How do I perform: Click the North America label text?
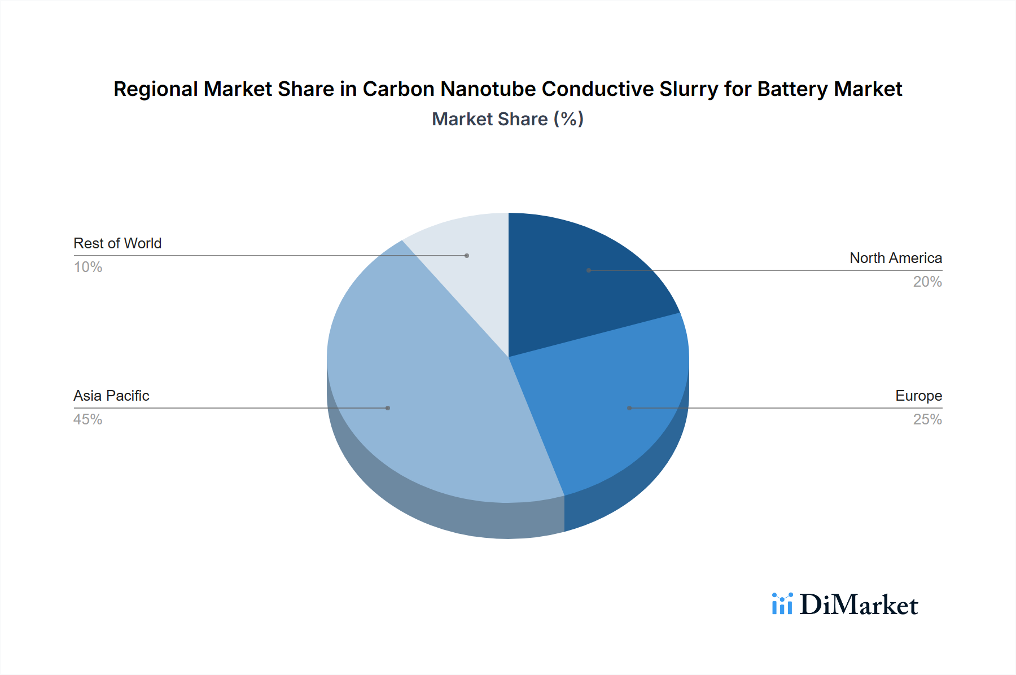(x=895, y=258)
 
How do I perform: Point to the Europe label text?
(x=918, y=396)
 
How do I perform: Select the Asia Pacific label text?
(x=111, y=396)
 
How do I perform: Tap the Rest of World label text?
(x=117, y=243)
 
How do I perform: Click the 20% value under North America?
(x=927, y=282)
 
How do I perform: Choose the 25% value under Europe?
(x=927, y=419)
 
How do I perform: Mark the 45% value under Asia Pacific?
(x=87, y=419)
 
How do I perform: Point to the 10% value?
(x=87, y=267)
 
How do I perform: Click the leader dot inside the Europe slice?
(x=629, y=408)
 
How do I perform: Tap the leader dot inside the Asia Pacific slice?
(x=388, y=408)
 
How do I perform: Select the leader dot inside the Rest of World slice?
(x=467, y=256)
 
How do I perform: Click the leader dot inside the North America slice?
(x=589, y=270)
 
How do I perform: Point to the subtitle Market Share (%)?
(x=507, y=119)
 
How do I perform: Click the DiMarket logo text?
(x=859, y=605)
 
